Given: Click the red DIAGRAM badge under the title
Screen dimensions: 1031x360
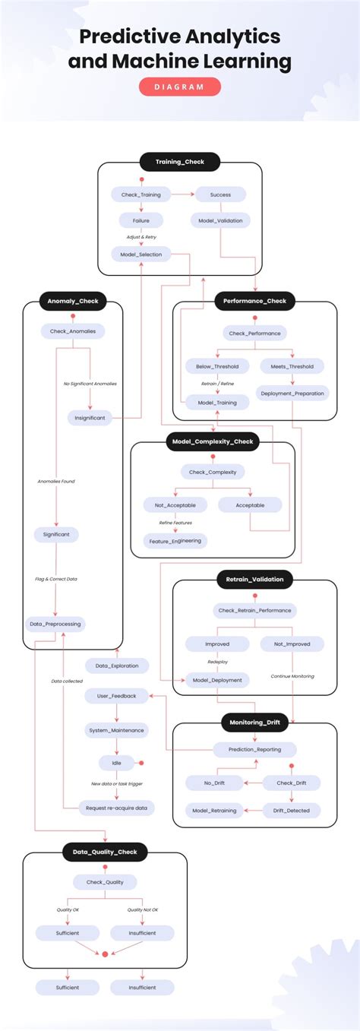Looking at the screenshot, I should click(x=179, y=87).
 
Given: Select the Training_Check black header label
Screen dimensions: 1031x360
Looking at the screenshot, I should click(x=179, y=162).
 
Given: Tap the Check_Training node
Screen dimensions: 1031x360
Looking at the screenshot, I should click(x=141, y=194).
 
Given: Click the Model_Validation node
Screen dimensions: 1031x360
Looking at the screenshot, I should click(x=219, y=220).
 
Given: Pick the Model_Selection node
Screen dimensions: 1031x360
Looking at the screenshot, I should click(x=141, y=254).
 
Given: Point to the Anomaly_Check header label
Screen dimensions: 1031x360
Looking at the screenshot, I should click(x=72, y=302).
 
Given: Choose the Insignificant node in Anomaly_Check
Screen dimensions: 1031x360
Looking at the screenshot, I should click(x=90, y=417).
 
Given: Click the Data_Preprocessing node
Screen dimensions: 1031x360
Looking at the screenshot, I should click(x=55, y=624).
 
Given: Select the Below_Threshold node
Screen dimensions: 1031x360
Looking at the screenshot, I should click(x=216, y=366).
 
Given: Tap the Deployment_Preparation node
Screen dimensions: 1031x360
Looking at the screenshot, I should click(x=292, y=393).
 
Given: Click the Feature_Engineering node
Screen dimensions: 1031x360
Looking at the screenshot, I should click(x=175, y=541).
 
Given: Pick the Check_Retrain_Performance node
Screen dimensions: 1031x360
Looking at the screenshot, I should click(x=254, y=610).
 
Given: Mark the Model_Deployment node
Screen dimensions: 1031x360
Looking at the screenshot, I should click(x=217, y=680).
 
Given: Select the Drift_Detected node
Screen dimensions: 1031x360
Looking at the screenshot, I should click(x=292, y=810).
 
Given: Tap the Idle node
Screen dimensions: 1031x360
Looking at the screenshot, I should click(x=116, y=763).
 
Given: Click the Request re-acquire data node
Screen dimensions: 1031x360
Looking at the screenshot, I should click(x=116, y=808).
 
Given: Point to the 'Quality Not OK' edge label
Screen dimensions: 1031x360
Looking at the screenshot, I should click(x=143, y=909).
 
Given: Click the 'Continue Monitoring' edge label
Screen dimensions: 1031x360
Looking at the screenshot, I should click(x=292, y=675).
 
